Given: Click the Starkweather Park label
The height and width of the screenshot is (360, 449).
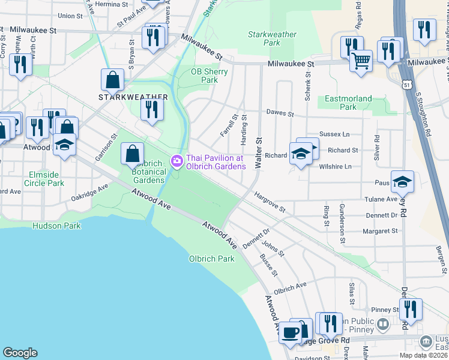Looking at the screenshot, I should (x=272, y=38).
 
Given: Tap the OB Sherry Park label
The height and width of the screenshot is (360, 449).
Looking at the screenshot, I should (x=209, y=76).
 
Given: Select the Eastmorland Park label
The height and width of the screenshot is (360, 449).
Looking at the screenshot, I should (x=348, y=103).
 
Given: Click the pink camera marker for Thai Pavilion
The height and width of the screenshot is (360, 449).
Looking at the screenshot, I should (x=176, y=161).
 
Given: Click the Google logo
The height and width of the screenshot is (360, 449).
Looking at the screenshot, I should (x=20, y=352).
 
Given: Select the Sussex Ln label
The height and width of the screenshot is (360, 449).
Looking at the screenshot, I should (x=334, y=136).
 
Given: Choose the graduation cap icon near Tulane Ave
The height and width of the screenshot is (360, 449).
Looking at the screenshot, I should (x=402, y=181).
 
